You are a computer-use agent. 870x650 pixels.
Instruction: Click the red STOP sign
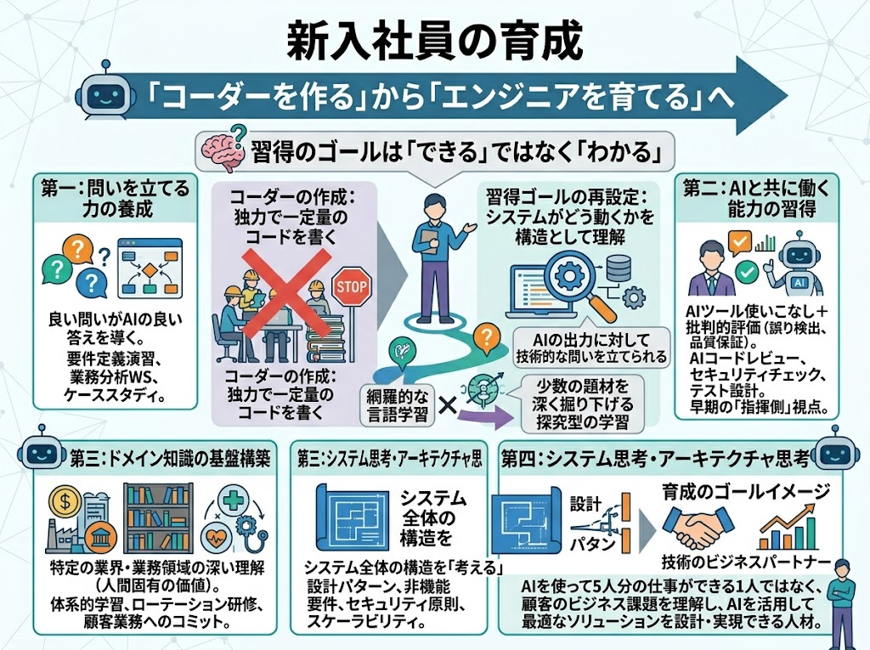coord(351,285)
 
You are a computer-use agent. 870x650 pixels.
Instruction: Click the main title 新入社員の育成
coord(434,42)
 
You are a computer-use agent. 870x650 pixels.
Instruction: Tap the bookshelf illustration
coord(159,518)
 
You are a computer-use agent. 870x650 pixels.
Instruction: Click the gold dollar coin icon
coord(65,502)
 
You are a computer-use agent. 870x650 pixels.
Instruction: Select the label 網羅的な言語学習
coord(398,405)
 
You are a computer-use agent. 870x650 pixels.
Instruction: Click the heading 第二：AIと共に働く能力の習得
coord(756,199)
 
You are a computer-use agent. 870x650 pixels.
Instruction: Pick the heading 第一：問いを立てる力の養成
coord(116,198)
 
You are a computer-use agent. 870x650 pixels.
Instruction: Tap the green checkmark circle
coord(747,272)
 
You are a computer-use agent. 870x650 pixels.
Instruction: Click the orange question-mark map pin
coord(487,339)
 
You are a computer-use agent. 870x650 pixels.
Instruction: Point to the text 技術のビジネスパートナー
coord(745,562)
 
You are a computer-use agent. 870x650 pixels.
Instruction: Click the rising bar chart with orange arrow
coord(788,527)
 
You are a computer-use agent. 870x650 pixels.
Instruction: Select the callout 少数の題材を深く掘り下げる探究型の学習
coord(583,404)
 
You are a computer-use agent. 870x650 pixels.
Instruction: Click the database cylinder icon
coord(619,268)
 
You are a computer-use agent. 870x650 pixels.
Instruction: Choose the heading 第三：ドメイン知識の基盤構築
coord(170,459)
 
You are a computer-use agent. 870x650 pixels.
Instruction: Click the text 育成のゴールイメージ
coord(746,491)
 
